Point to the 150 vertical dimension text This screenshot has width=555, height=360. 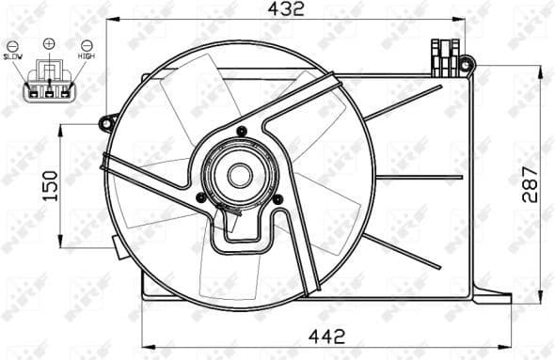coord(53,185)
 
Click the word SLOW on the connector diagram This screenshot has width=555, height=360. coord(13,57)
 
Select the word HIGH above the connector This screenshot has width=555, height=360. coord(87,57)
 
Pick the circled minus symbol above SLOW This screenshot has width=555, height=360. coord(13,45)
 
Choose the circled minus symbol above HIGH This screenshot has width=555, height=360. coord(87,45)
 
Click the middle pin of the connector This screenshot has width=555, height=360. coord(49,91)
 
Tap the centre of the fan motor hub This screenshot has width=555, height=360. coord(240,175)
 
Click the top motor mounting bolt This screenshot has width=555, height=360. coord(241,130)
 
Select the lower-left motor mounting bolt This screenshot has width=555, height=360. coord(200,196)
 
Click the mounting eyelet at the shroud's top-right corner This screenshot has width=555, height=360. coord(470,64)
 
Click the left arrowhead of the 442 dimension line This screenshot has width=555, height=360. coord(145,345)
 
